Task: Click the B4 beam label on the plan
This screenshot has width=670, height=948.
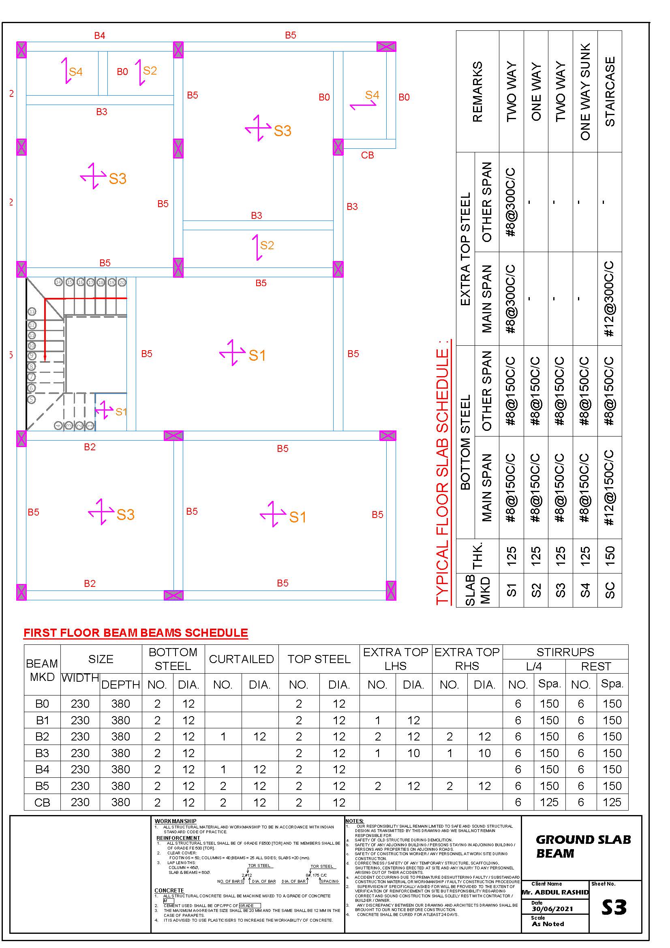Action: coord(99,36)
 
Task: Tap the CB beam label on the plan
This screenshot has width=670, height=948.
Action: coord(367,155)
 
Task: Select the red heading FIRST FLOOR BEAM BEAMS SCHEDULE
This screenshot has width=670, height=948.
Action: coord(136,633)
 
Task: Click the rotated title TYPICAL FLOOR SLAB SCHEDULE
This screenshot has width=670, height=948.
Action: coord(443,472)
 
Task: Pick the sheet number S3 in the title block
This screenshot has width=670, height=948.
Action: coord(614,907)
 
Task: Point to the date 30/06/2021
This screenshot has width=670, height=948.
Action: coord(552,909)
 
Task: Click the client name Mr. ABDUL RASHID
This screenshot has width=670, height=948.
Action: coord(555,892)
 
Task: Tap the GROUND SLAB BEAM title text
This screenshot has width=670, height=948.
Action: coord(583,846)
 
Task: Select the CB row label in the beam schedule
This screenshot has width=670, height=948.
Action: coord(42,802)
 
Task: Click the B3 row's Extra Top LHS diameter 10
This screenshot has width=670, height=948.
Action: coord(413,753)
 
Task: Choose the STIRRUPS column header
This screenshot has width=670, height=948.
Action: coord(565,652)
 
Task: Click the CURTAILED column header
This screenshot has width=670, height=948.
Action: coord(241,659)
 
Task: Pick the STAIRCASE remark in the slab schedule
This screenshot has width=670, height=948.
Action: coord(610,91)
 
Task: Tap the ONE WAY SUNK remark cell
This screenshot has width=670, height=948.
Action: coord(585,91)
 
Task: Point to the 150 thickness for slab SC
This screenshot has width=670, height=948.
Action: coord(610,556)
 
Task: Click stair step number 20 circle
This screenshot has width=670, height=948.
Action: coord(122,282)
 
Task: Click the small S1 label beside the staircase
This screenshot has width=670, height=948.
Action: coord(121,412)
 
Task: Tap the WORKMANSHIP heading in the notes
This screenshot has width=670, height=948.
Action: coord(176,821)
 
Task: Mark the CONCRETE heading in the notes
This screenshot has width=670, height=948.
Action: coord(169,890)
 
